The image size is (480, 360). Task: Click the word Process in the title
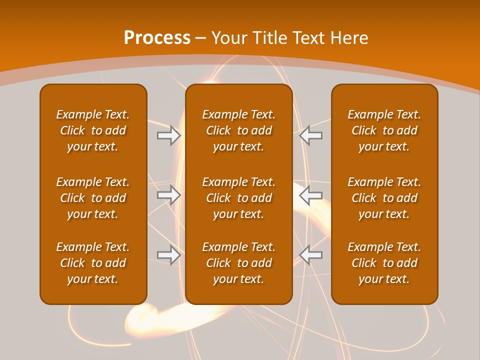[x=157, y=38]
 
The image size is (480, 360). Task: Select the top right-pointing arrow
[x=169, y=135]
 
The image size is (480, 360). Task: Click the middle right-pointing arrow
[x=169, y=195]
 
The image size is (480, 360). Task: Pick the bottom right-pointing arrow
[x=169, y=254]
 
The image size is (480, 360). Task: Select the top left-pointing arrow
[x=311, y=135]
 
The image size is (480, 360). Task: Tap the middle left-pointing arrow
[x=311, y=195]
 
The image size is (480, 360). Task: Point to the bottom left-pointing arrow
[x=311, y=254]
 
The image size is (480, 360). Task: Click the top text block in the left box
[x=93, y=130]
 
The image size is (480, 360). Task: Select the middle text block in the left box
[x=93, y=198]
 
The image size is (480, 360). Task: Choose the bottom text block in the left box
[x=93, y=263]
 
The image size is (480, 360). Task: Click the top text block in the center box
[x=238, y=130]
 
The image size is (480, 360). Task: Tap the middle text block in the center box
[x=238, y=198]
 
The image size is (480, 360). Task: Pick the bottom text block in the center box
[x=238, y=263]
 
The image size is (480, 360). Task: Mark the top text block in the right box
[x=384, y=130]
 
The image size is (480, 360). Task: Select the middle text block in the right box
[x=384, y=198]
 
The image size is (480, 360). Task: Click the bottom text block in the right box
[x=384, y=263]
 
